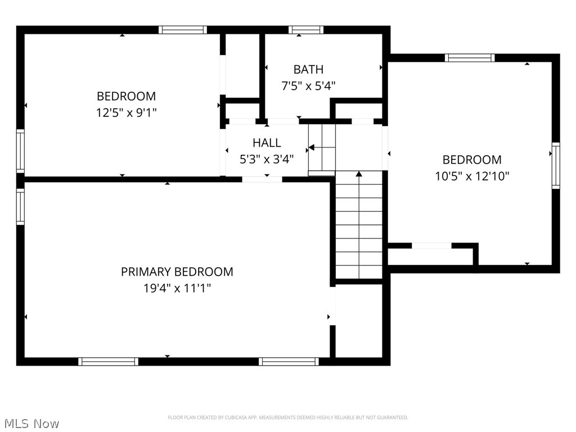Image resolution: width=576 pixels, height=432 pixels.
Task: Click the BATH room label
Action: [x=308, y=70]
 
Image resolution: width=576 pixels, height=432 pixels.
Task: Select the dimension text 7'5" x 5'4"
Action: [x=308, y=86]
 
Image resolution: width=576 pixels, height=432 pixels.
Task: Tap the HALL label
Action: [x=267, y=143]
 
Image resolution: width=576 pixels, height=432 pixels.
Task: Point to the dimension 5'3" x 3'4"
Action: [x=267, y=159]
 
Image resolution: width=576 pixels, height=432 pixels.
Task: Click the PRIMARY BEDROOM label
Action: [x=177, y=272]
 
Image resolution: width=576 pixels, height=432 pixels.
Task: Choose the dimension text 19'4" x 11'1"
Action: [x=177, y=289]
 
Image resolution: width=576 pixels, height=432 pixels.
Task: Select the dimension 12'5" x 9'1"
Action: [x=126, y=112]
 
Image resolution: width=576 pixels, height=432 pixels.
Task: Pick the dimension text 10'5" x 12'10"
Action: [x=472, y=176]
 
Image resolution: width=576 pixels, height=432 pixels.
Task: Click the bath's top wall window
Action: [x=306, y=30]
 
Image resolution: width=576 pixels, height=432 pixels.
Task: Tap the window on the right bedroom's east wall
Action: [x=556, y=165]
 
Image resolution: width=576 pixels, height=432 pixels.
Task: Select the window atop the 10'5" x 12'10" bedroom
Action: [x=470, y=57]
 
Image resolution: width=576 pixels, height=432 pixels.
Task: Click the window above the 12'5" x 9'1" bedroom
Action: [x=182, y=30]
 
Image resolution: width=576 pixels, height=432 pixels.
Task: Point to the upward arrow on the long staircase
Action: [x=359, y=175]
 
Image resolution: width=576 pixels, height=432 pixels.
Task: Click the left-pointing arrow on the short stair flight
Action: [x=311, y=148]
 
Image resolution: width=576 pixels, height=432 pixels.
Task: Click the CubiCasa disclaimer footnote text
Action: [x=287, y=417]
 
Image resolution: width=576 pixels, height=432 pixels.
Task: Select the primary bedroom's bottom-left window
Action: [x=108, y=361]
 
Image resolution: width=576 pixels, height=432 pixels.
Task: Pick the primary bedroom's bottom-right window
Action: [x=290, y=361]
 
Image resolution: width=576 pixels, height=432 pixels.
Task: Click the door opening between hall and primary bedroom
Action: [x=262, y=179]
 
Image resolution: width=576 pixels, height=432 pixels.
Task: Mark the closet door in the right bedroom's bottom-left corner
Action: [x=431, y=246]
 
